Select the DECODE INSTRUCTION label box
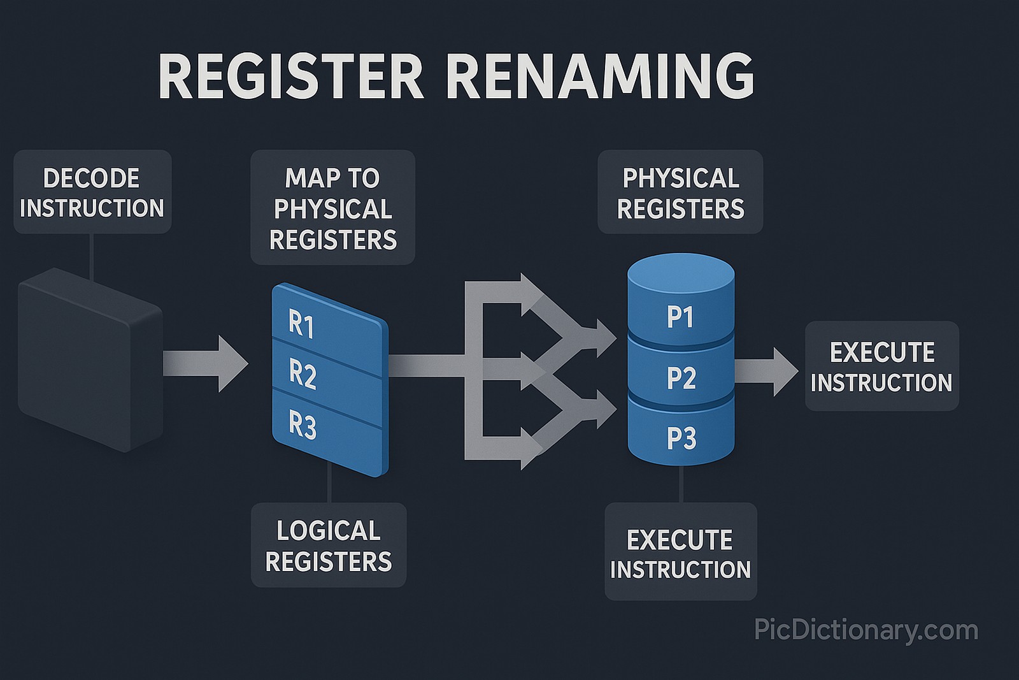pos(92,192)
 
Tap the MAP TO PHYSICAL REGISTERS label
pos(332,208)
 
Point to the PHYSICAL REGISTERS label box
pos(680,192)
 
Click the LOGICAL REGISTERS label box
pos(329,545)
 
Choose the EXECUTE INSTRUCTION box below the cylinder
pos(680,552)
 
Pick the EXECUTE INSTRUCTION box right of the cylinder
pos(881,366)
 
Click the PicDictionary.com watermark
pos(866,630)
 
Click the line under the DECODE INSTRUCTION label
pos(92,255)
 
